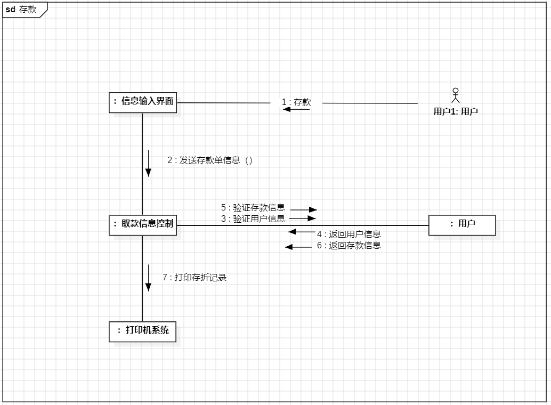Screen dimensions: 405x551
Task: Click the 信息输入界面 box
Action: tap(143, 102)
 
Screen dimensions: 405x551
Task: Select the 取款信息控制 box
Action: tap(143, 224)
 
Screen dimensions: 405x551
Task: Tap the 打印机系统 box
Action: tap(142, 330)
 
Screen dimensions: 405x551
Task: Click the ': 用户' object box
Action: tap(462, 224)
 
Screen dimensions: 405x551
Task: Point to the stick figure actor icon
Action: tap(455, 95)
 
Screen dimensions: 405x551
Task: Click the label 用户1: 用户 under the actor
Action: tap(455, 111)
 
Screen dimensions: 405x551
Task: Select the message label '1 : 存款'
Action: tap(297, 102)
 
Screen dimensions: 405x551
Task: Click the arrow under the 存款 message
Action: tap(296, 109)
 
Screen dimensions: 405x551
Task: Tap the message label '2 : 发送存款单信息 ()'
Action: tap(209, 160)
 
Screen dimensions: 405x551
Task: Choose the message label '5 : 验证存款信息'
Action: tap(253, 208)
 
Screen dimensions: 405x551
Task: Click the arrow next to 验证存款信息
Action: tap(304, 210)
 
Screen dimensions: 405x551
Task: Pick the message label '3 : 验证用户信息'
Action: tap(253, 218)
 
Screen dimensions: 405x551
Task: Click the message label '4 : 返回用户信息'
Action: tap(349, 234)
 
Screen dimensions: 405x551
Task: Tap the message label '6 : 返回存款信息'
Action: tap(349, 246)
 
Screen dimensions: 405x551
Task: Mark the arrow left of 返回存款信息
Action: tap(298, 247)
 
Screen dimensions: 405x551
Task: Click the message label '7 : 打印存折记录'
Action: tap(195, 277)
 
